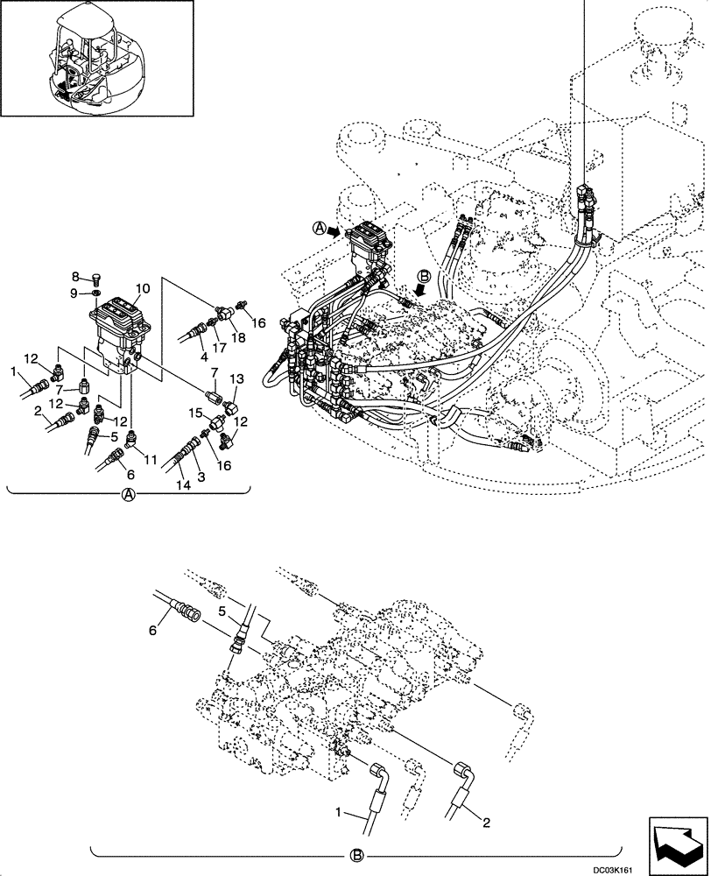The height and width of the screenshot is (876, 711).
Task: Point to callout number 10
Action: pos(142,287)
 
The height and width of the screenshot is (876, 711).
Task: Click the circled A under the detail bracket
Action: pos(128,495)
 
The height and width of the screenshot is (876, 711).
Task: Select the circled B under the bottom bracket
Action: pos(357,856)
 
